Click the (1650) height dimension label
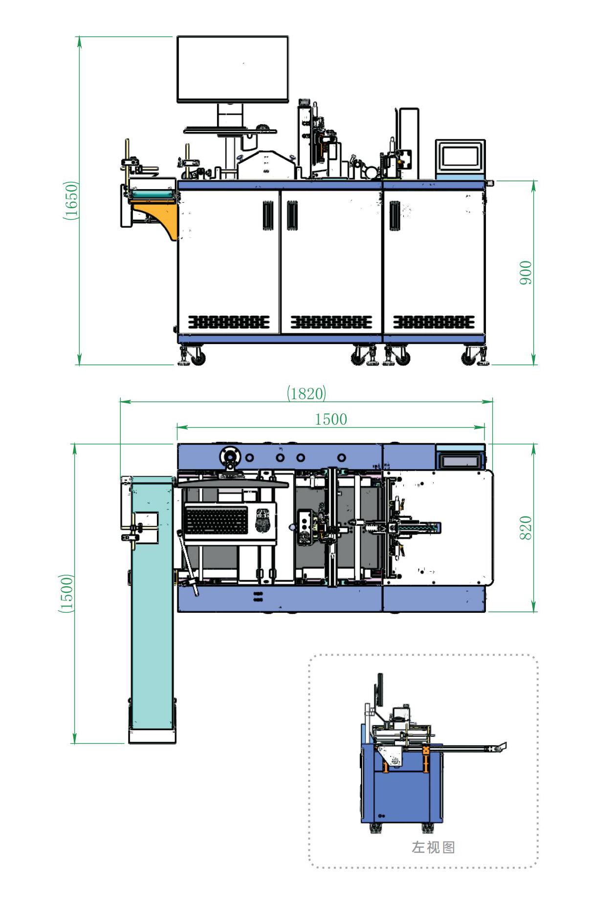(71, 200)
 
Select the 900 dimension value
(525, 273)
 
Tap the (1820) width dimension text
(306, 393)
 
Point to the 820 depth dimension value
(525, 528)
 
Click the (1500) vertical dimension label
(66, 593)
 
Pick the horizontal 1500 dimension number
(331, 419)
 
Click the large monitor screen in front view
(233, 69)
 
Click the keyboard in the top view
(217, 519)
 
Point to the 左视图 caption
(433, 847)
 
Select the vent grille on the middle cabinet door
(331, 322)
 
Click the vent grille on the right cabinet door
(434, 322)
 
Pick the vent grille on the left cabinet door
(229, 322)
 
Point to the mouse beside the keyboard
(262, 520)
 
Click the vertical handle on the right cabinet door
(395, 215)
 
